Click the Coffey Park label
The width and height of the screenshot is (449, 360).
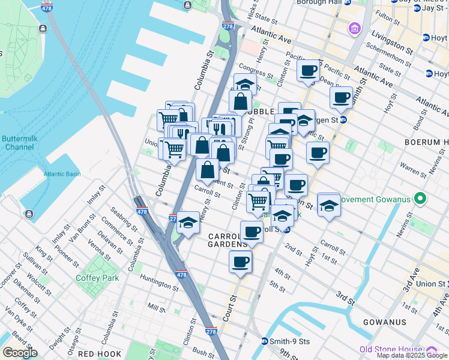97,278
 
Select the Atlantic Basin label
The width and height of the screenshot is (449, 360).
61,175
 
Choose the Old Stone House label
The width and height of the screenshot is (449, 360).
390,349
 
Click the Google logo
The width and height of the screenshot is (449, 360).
20,353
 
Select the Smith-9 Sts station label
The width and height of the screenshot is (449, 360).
289,341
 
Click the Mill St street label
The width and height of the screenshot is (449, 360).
156,308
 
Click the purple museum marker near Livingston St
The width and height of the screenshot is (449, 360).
355,29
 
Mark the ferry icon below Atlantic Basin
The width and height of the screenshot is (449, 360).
29,214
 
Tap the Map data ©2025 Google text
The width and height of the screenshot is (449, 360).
411,355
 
